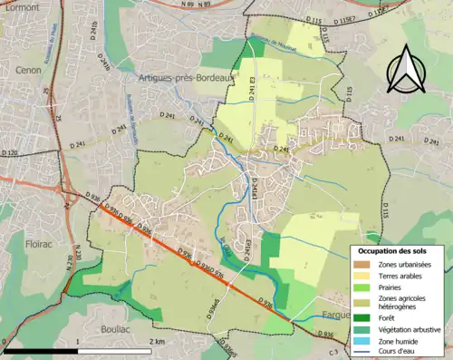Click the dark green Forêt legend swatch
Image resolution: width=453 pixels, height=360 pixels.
[362, 316]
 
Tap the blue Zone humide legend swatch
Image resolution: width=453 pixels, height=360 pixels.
[362, 338]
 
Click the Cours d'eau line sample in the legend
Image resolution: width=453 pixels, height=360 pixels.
[362, 349]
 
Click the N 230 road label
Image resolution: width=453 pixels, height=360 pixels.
[67, 264]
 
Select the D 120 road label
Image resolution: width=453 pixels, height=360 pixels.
[8, 153]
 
